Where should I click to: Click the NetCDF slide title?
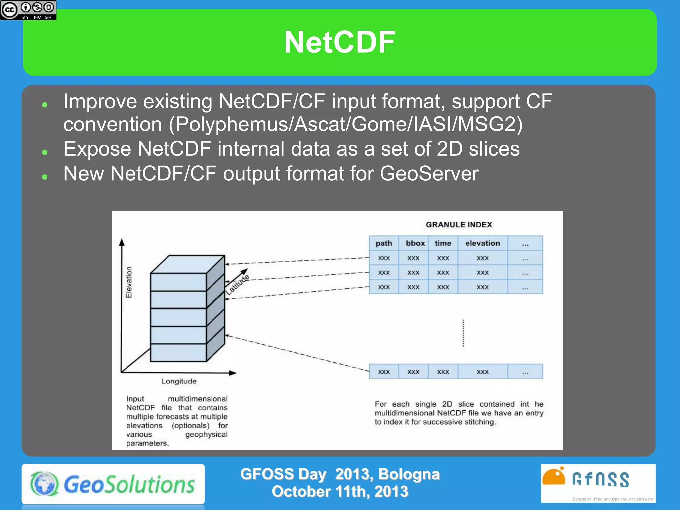point(340,42)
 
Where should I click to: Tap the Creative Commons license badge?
point(28,10)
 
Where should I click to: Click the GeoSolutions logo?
point(113,484)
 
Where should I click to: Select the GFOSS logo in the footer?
point(598,483)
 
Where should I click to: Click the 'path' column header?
point(384,243)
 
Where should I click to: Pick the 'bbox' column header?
point(415,243)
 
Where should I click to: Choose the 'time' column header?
point(443,243)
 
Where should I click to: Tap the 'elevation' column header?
point(482,243)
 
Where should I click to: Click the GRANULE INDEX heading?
point(459,225)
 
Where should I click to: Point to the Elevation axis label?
point(129,282)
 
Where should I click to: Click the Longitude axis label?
point(179,381)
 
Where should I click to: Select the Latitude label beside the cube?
point(237,284)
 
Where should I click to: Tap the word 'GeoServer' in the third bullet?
point(429,173)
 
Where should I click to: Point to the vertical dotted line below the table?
point(463,333)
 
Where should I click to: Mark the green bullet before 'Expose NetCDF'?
point(45,152)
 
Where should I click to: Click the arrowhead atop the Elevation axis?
point(122,242)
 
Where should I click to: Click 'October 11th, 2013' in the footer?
point(340,492)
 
